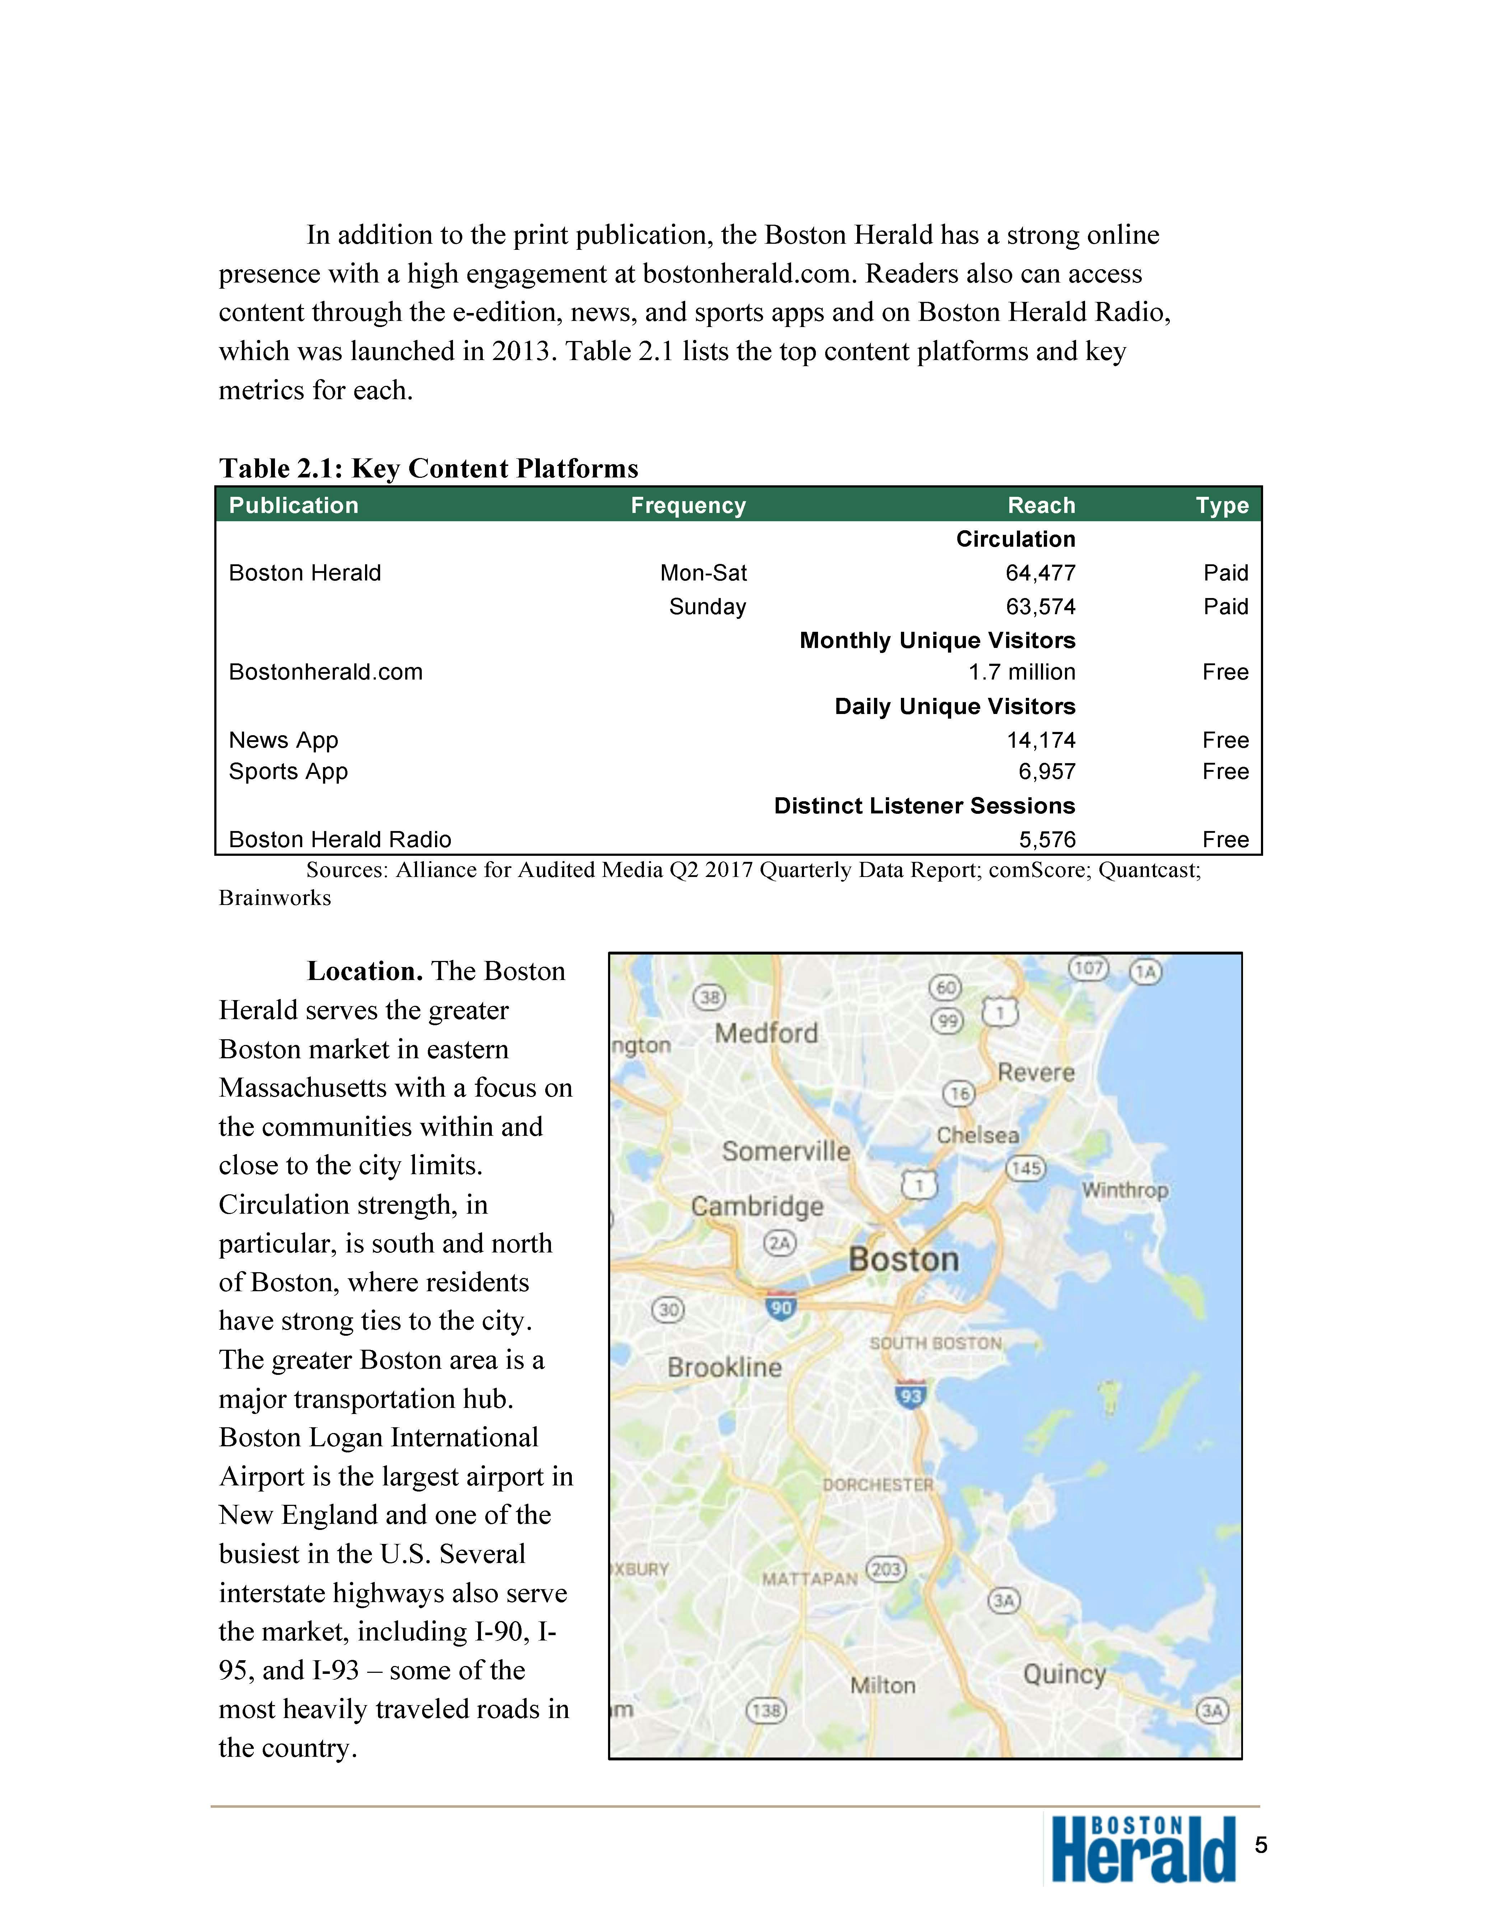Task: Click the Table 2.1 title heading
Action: coord(429,468)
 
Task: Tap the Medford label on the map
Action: coord(766,1033)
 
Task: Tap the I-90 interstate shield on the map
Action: coord(781,1307)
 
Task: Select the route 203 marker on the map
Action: coord(885,1570)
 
